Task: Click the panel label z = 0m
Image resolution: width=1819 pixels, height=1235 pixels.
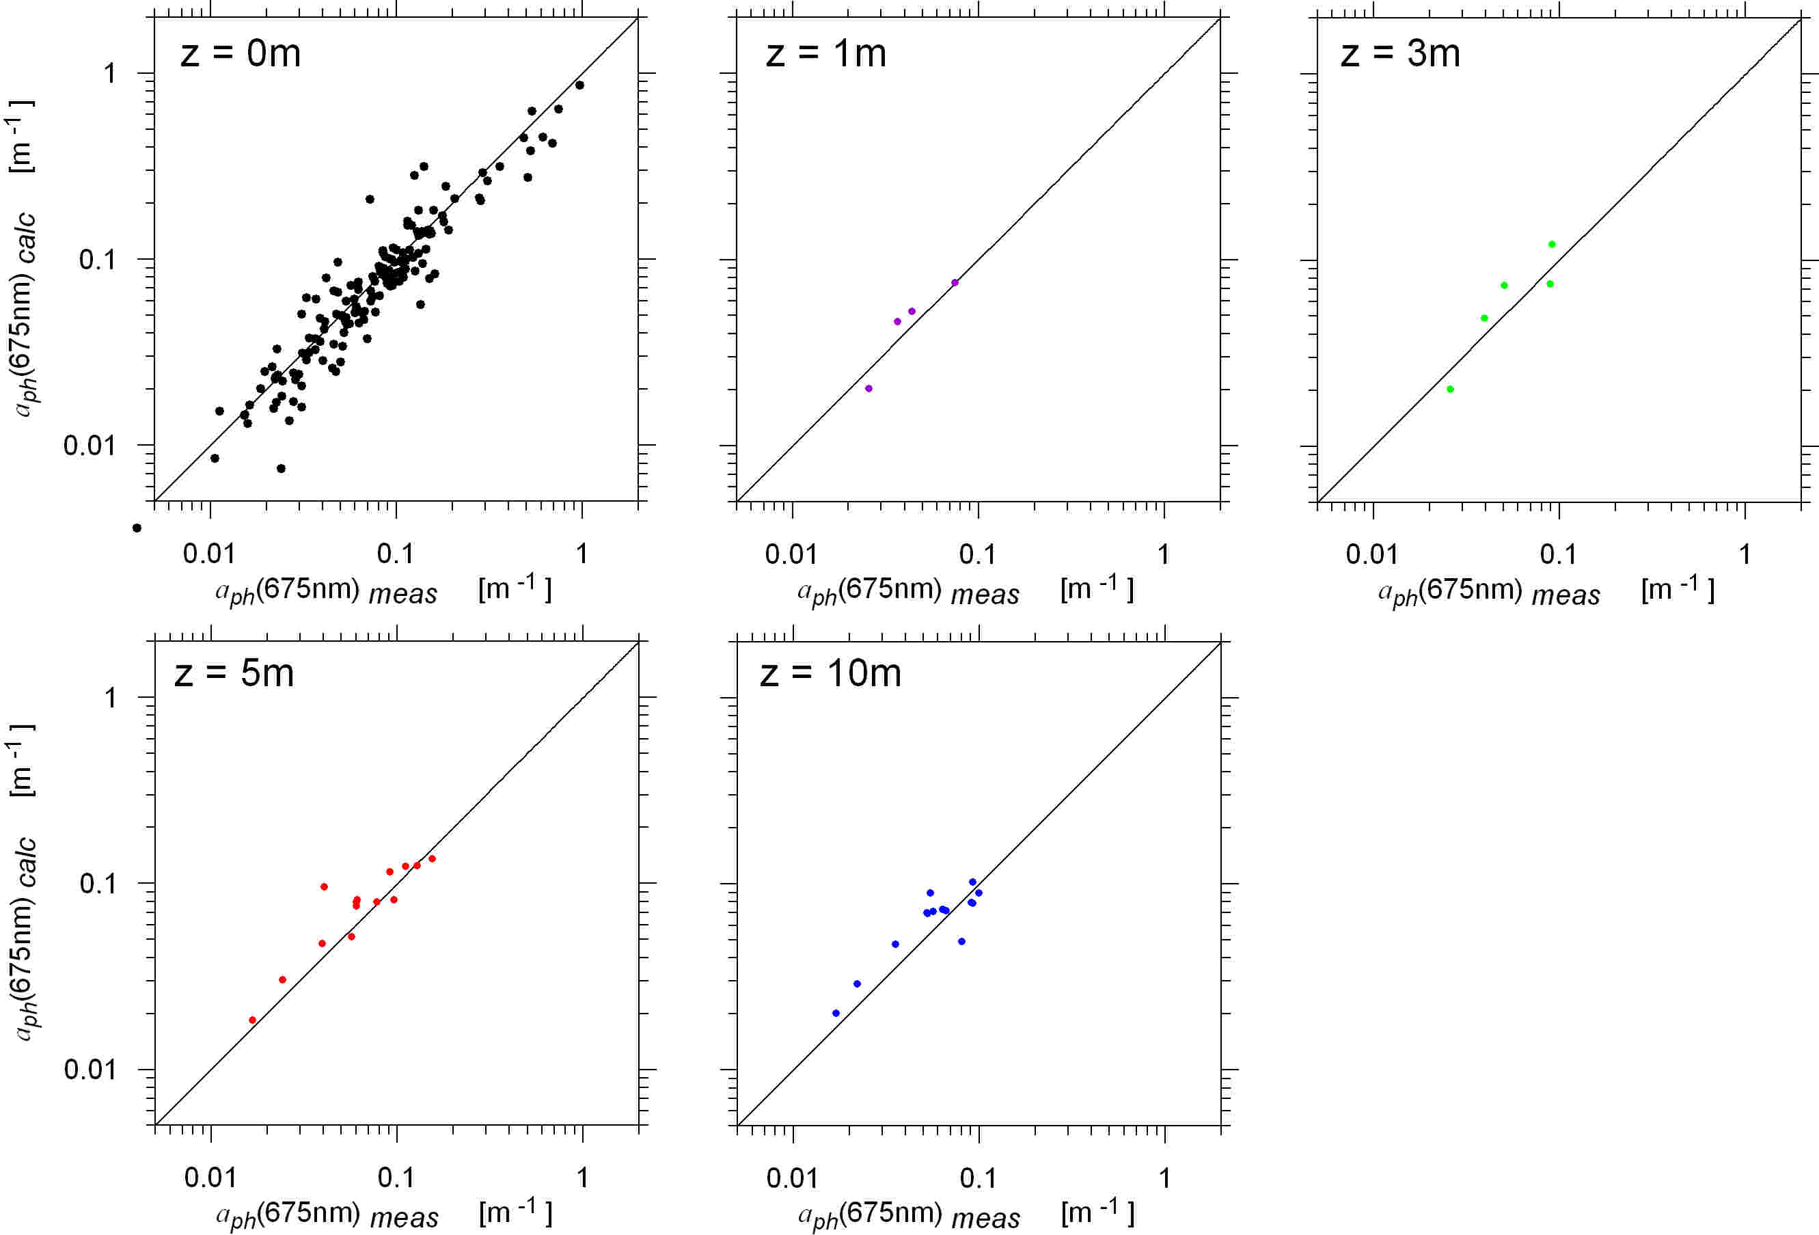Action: click(x=241, y=53)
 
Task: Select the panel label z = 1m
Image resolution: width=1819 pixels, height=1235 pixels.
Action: click(x=825, y=53)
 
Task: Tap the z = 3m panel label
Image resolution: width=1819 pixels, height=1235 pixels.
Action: click(x=1400, y=53)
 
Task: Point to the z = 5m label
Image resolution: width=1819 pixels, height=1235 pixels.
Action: click(x=234, y=673)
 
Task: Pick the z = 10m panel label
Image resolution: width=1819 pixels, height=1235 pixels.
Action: click(x=830, y=673)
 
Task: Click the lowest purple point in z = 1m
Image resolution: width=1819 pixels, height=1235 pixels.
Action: click(x=868, y=388)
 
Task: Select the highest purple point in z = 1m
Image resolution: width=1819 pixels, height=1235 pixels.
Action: click(x=955, y=282)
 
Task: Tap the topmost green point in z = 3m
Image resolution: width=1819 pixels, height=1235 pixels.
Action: click(x=1552, y=244)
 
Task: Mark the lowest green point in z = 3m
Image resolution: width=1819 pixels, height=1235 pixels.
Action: click(x=1450, y=389)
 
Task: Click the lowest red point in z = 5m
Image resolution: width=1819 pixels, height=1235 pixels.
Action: click(x=252, y=1020)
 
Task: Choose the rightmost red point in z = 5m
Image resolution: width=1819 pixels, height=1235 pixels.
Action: click(x=432, y=858)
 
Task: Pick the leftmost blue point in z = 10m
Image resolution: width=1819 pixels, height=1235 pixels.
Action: click(x=836, y=1013)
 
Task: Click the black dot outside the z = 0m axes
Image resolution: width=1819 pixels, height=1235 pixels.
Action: click(x=137, y=528)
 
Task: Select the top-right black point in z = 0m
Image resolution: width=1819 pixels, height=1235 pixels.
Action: click(x=579, y=85)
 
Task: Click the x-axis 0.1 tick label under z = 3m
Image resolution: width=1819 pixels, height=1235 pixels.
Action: click(x=1557, y=554)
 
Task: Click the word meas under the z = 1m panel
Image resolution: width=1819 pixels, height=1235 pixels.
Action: click(x=985, y=594)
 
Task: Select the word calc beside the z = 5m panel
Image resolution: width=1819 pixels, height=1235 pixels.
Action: click(x=27, y=861)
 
